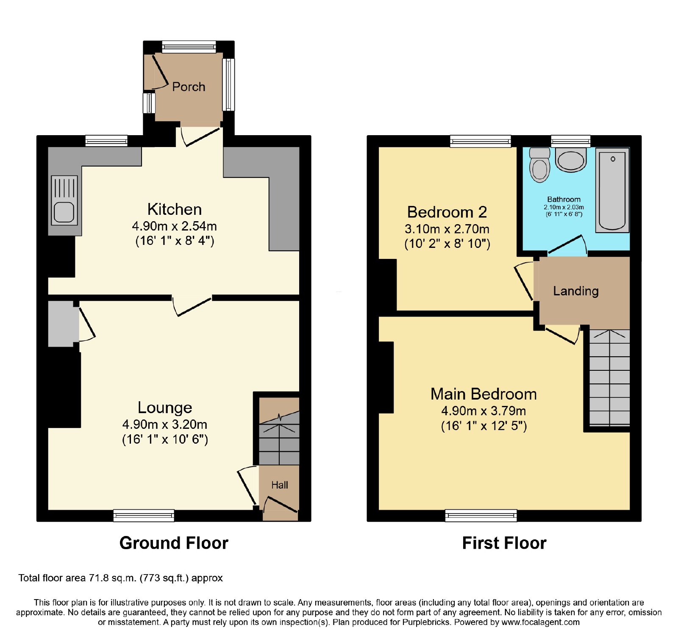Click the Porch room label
[x=189, y=87]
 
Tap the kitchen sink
[x=64, y=200]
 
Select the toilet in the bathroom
[x=539, y=165]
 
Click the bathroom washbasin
[x=571, y=160]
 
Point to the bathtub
[x=612, y=190]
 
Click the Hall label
[x=280, y=485]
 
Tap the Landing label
[x=576, y=291]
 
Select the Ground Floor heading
[x=174, y=543]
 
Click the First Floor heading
[x=504, y=543]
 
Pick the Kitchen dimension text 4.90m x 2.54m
[x=175, y=226]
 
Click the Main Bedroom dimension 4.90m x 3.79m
[x=483, y=411]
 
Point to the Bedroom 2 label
[x=447, y=212]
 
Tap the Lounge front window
[x=144, y=515]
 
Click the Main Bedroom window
[x=481, y=515]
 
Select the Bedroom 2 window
[x=481, y=141]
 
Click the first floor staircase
[x=609, y=378]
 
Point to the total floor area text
[x=121, y=578]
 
